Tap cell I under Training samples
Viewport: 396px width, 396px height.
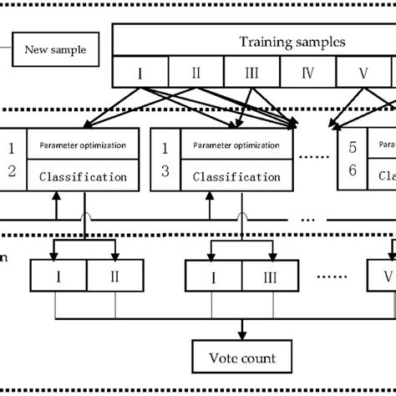(x=140, y=73)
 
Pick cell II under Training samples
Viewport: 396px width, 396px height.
(x=195, y=73)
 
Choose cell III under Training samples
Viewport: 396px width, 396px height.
(x=251, y=73)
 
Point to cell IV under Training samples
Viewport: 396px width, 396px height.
(x=307, y=73)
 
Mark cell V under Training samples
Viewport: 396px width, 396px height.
(x=363, y=73)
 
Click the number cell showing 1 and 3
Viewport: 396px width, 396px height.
(x=166, y=160)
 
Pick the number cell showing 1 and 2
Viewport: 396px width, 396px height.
(x=11, y=160)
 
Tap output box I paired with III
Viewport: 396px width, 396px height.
(x=214, y=275)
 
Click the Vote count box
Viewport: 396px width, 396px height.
(x=242, y=360)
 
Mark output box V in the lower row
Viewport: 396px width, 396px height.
(x=383, y=275)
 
